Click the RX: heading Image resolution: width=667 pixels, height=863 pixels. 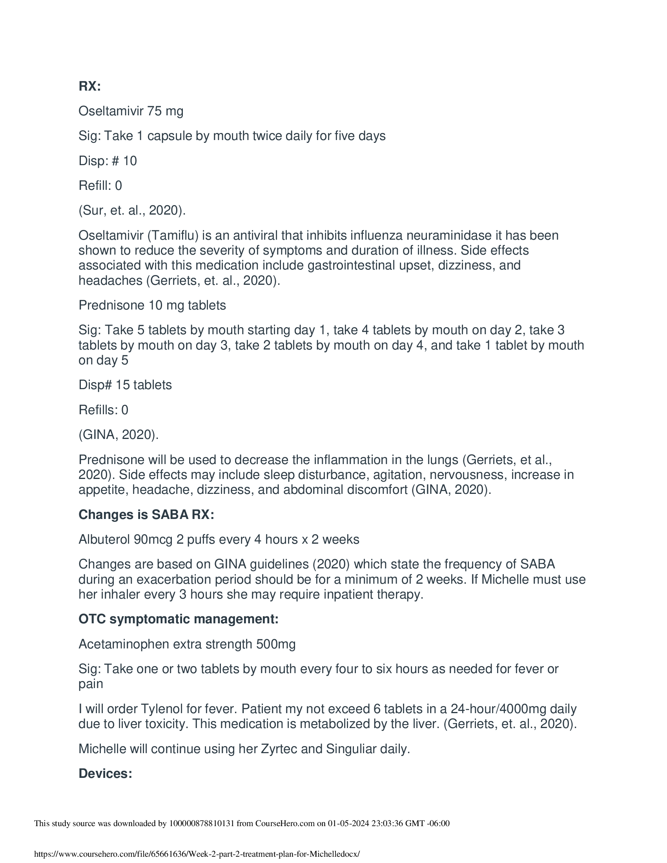[90, 86]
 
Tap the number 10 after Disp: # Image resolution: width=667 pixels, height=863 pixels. [130, 161]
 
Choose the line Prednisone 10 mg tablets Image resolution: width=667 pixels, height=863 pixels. [152, 305]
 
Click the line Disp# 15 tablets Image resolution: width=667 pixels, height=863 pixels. [125, 385]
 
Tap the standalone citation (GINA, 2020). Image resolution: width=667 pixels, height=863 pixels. [118, 435]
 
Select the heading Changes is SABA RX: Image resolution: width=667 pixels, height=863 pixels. [146, 515]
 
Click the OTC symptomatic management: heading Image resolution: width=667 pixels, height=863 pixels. [179, 619]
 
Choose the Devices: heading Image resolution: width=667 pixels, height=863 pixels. [105, 773]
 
